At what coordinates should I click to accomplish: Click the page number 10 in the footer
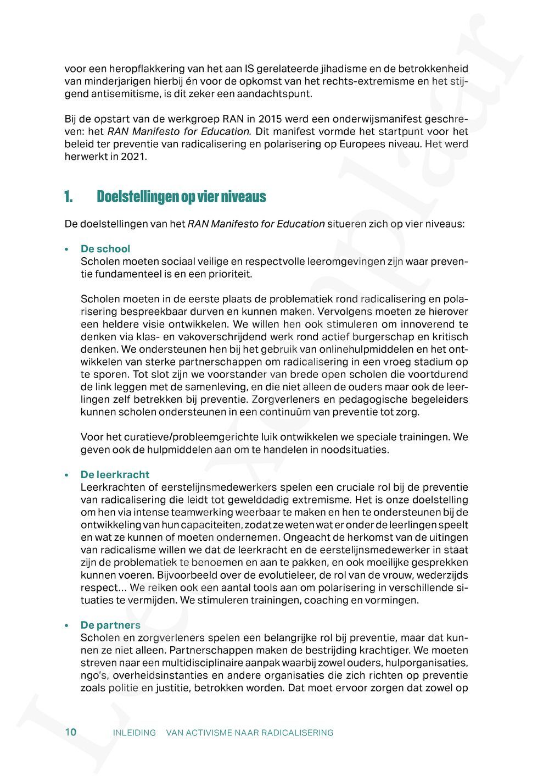point(70,732)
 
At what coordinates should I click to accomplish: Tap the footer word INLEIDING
point(135,733)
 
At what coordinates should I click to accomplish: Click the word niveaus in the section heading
point(244,197)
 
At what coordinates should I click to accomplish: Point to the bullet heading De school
point(105,249)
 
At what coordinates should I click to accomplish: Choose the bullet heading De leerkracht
point(115,474)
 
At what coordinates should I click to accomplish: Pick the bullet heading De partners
point(110,625)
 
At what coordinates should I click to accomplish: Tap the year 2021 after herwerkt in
point(136,157)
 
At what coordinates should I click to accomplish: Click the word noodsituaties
point(357,450)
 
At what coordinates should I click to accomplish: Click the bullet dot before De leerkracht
point(66,475)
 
